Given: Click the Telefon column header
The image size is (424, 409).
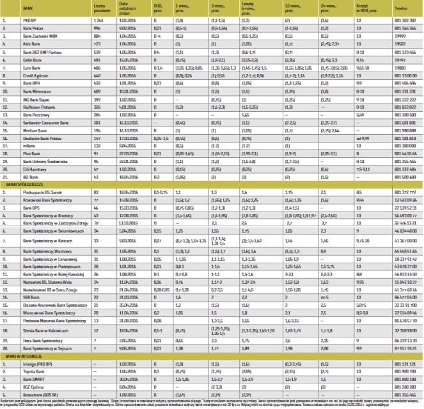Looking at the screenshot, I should tap(401, 10).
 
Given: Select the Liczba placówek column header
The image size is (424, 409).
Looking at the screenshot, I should tap(98, 9).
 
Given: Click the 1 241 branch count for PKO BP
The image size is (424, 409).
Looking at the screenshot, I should tap(97, 20).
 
